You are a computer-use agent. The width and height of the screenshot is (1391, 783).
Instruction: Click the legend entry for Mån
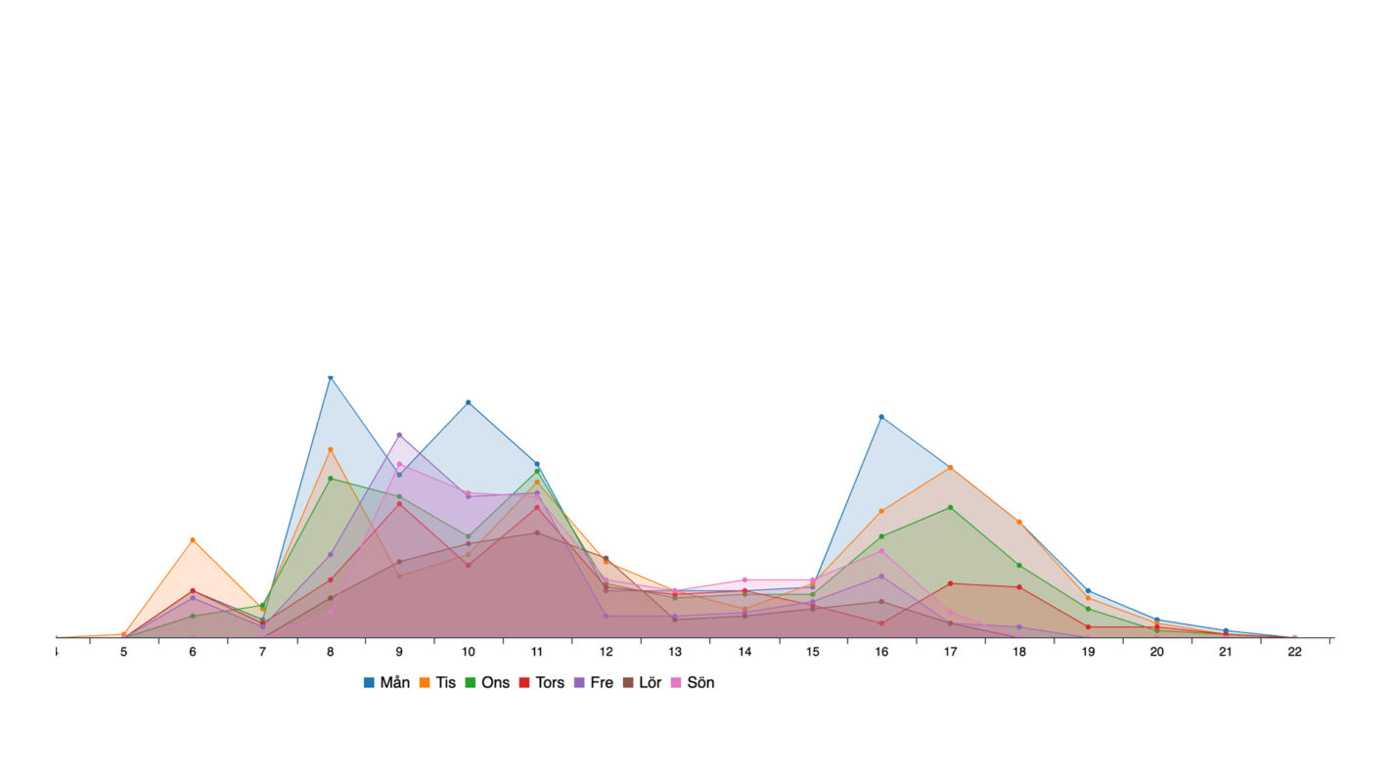(386, 682)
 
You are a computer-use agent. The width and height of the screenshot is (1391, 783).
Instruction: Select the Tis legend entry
(438, 682)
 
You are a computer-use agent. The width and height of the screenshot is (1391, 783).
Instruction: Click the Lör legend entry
(643, 682)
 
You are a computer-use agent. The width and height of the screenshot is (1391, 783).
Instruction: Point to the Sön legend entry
(693, 682)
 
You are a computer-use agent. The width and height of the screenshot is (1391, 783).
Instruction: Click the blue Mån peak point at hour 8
(331, 377)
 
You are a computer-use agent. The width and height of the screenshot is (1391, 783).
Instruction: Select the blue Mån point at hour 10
(469, 402)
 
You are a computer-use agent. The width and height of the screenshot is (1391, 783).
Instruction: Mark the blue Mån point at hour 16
(881, 417)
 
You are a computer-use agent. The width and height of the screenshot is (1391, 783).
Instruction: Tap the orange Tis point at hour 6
(193, 540)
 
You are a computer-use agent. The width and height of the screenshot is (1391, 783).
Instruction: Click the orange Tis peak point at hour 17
(950, 468)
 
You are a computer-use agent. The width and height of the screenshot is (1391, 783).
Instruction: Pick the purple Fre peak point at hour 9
(399, 435)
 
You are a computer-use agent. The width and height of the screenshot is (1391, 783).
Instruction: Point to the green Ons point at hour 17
(950, 507)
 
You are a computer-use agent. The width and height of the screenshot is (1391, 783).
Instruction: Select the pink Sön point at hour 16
(881, 551)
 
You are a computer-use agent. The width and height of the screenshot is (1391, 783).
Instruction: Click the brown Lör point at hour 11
(537, 532)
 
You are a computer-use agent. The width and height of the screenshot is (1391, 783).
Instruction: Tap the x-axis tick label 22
(1294, 652)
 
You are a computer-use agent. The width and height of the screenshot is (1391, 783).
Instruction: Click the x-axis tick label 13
(675, 652)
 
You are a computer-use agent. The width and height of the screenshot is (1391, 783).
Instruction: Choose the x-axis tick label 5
(124, 652)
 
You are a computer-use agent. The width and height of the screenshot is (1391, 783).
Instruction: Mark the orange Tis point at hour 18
(1019, 522)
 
